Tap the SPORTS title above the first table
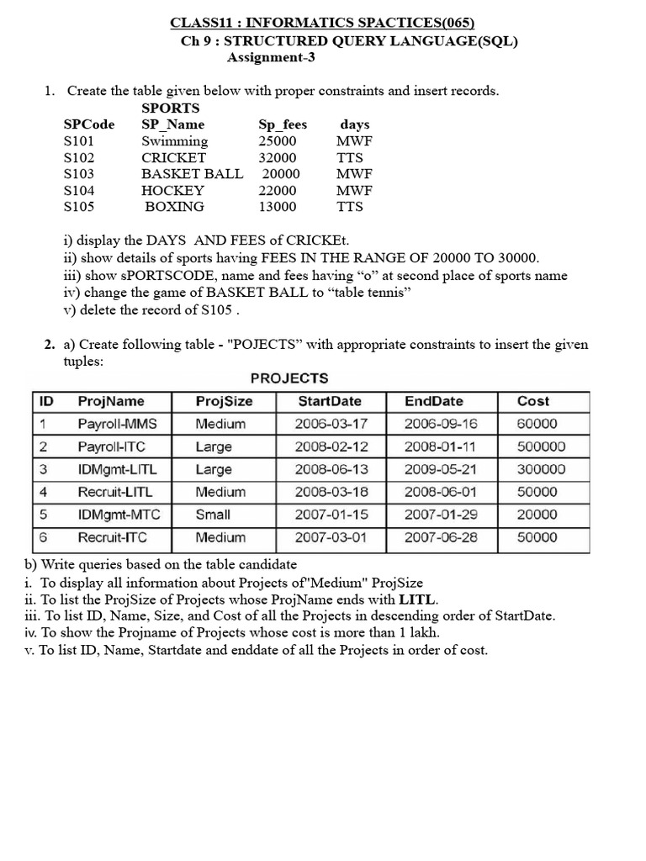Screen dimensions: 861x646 [x=171, y=108]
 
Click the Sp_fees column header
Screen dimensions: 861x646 [x=283, y=124]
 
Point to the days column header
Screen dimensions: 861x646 [x=355, y=124]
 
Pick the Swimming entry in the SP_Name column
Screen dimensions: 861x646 [x=174, y=141]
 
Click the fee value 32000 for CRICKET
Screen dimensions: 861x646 [x=278, y=157]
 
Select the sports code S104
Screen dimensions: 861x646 [x=79, y=190]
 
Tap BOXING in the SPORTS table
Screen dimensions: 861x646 [x=174, y=206]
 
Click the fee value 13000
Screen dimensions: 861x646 [x=278, y=206]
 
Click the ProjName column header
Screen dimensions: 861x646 [x=111, y=401]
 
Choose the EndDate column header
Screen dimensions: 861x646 [x=433, y=401]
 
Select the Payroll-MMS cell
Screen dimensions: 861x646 [x=117, y=424]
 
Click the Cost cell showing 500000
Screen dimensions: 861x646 [x=542, y=446]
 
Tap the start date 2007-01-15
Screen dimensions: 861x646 [x=331, y=515]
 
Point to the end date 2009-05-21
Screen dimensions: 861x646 [x=440, y=469]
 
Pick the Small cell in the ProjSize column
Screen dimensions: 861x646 [x=213, y=515]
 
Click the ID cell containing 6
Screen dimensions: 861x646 [x=43, y=536]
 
